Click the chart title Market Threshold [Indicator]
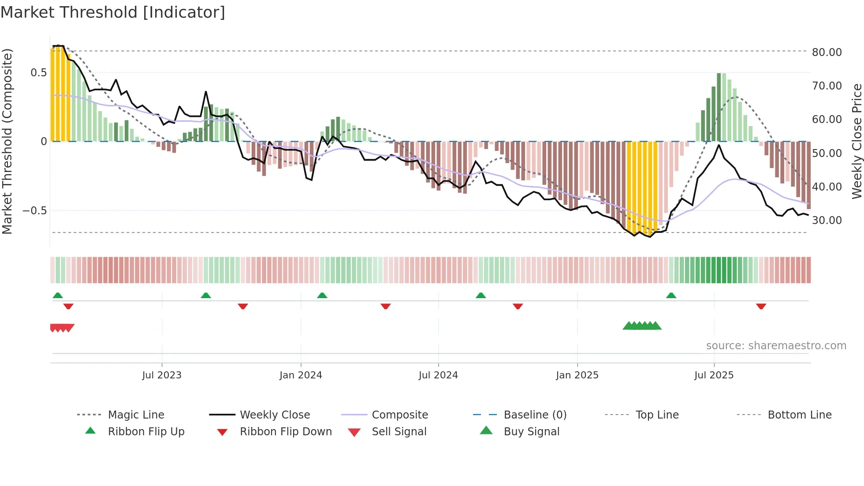pos(113,12)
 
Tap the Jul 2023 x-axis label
pos(162,375)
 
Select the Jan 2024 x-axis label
pos(301,375)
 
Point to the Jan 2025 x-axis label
pos(577,375)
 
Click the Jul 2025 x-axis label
pos(714,375)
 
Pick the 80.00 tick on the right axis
pos(827,52)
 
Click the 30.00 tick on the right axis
pos(827,220)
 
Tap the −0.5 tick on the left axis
pos(34,210)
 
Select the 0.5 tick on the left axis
pos(38,72)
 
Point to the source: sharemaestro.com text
pos(776,346)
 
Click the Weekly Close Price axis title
pos(857,141)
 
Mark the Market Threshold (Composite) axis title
pos(7,141)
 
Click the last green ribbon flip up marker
pos(671,295)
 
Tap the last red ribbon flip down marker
pos(761,306)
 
